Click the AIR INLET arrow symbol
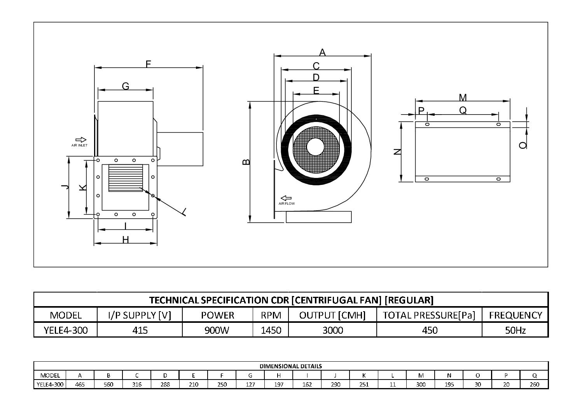81,139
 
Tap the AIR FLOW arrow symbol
286,198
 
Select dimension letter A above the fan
322,52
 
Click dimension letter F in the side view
148,64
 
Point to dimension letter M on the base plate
463,98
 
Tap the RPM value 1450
271,330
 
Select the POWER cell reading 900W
217,330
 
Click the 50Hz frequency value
515,330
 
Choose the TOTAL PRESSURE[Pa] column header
429,315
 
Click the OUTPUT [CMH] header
332,315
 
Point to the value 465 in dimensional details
80,384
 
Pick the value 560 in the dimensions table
108,384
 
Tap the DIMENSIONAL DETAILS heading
290,366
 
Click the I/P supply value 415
140,330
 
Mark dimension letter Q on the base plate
463,110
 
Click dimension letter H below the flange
125,240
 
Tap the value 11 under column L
393,384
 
